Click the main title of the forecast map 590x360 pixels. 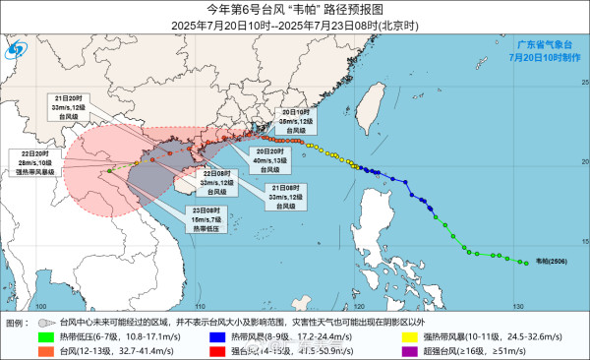(294, 9)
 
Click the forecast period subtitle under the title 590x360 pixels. (294, 24)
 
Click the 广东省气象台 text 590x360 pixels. (544, 44)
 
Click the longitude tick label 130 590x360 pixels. (516, 307)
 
